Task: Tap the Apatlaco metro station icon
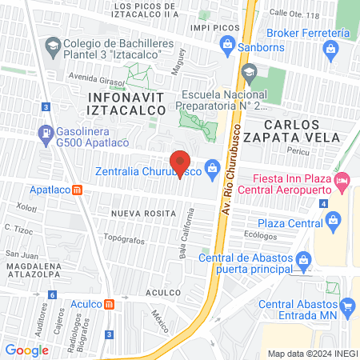[78, 190]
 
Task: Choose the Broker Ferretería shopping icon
[330, 51]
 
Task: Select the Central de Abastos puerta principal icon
[303, 260]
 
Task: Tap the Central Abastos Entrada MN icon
[348, 306]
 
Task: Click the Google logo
[26, 350]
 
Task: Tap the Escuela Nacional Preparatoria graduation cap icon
[249, 74]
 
